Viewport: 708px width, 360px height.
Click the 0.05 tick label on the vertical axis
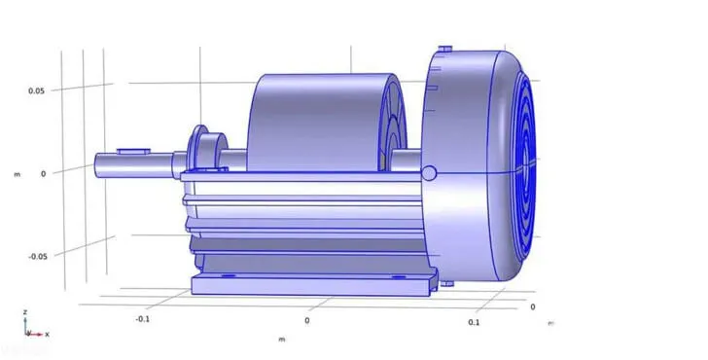pyautogui.click(x=37, y=90)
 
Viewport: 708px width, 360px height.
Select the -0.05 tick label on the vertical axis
pyautogui.click(x=38, y=257)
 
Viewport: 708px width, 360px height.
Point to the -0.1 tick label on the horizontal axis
pyautogui.click(x=143, y=319)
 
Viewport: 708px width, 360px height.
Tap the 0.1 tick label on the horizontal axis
pyautogui.click(x=474, y=322)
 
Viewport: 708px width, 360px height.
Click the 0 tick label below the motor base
pyautogui.click(x=307, y=321)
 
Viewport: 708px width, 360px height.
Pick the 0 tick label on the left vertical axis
pyautogui.click(x=44, y=174)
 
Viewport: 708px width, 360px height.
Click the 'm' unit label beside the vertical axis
pyautogui.click(x=18, y=174)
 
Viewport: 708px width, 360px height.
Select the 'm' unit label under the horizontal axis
pyautogui.click(x=282, y=340)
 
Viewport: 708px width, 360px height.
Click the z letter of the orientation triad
pyautogui.click(x=25, y=312)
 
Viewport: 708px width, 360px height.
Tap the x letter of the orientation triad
pyautogui.click(x=47, y=335)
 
